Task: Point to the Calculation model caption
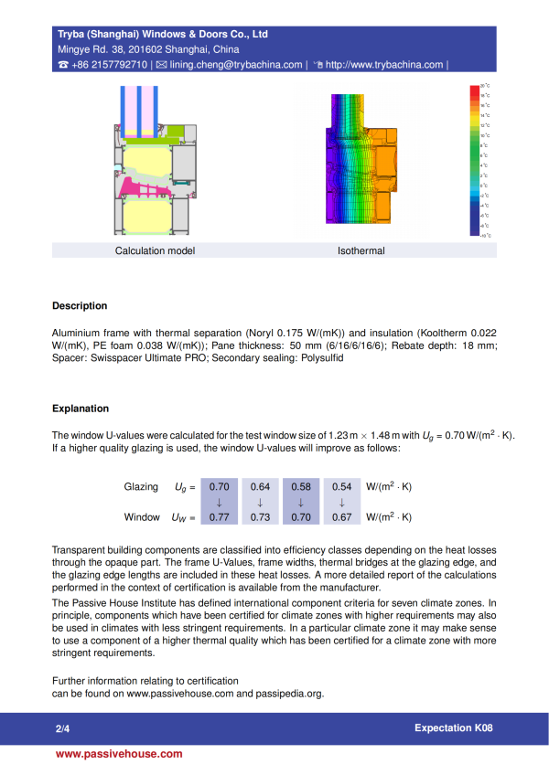[155, 250]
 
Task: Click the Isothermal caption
[361, 250]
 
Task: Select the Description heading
[80, 306]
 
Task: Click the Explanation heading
[81, 409]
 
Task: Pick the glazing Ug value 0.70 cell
[220, 487]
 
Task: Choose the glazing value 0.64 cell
[261, 487]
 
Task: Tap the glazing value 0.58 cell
[301, 487]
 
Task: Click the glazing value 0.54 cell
[341, 487]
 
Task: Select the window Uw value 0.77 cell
[220, 517]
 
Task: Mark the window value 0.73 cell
[261, 517]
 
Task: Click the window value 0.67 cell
[341, 517]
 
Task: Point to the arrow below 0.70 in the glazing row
[220, 502]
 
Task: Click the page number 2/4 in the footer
[62, 729]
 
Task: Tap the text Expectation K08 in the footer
[453, 728]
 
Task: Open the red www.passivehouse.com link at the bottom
[119, 754]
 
